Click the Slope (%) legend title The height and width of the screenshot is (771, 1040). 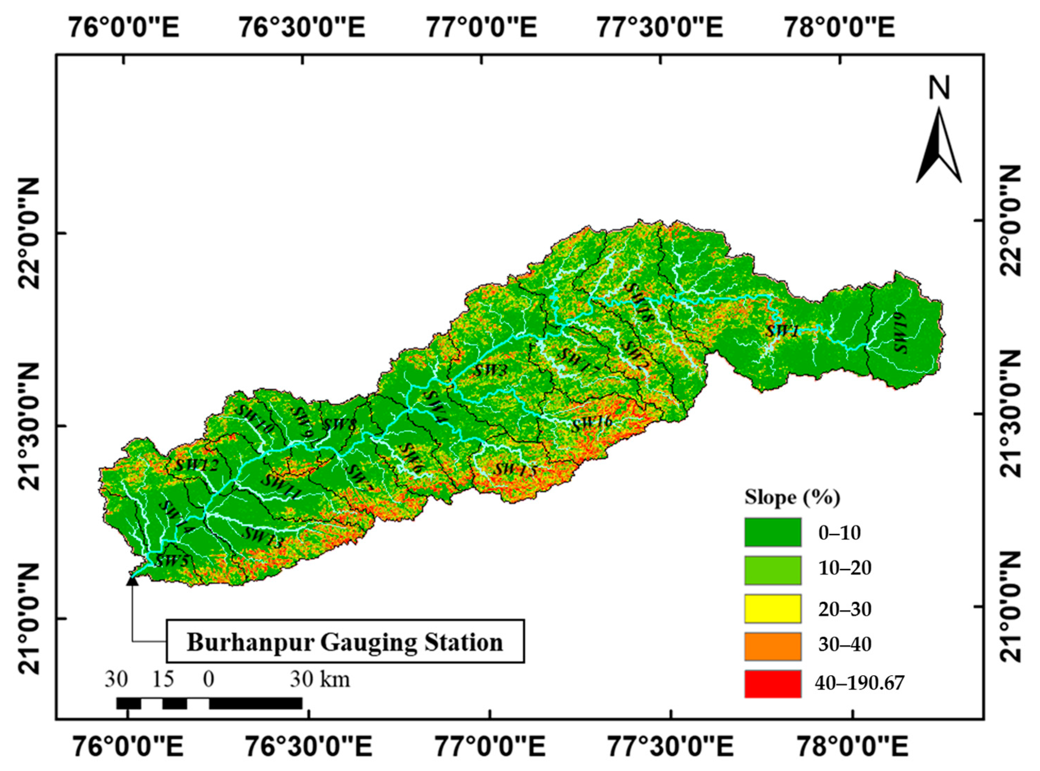pos(792,497)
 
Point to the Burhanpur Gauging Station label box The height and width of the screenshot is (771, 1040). pos(345,642)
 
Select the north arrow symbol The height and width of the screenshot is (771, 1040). pos(939,146)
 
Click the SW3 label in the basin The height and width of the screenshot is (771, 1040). pos(490,371)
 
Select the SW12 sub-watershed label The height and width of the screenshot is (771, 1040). pos(196,465)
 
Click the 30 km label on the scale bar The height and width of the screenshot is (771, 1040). pos(320,679)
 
